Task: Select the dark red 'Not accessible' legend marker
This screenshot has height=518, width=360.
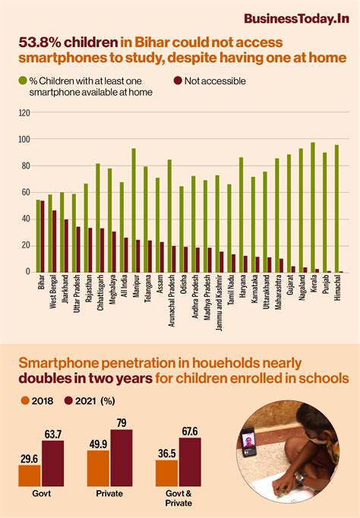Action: [x=177, y=81]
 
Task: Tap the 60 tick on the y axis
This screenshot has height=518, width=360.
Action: [x=25, y=192]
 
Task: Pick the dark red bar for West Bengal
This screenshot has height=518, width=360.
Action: [x=54, y=241]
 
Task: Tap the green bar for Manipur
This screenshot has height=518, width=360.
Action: [x=134, y=210]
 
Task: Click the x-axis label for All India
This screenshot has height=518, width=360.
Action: [x=122, y=292]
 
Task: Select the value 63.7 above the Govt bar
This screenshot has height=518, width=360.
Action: [x=53, y=434]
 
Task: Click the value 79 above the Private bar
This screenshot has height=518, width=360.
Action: [x=121, y=422]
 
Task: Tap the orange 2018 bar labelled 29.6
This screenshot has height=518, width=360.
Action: [x=30, y=475]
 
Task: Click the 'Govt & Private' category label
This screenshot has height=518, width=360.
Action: [x=178, y=498]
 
